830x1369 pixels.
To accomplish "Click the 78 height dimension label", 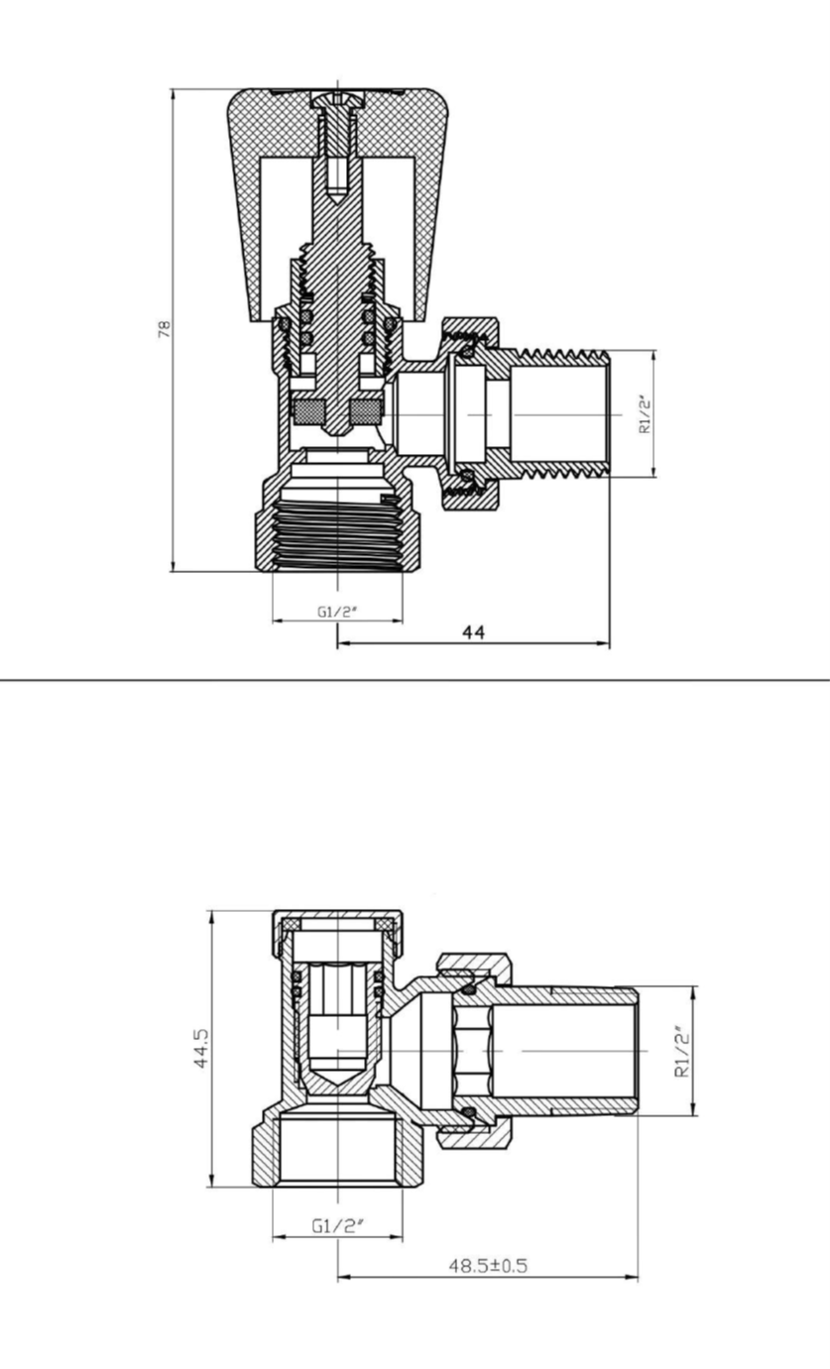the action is (165, 329).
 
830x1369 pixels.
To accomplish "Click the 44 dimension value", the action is (473, 632).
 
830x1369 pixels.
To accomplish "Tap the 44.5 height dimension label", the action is (201, 1048).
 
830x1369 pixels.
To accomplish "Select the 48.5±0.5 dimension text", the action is (488, 1265).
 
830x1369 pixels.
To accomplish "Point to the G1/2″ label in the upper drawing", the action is (336, 612).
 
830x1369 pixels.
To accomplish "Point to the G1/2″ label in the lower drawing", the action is (337, 1225).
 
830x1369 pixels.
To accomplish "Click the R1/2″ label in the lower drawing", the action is (681, 1051).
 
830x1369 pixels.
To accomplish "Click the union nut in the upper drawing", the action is (469, 413).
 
